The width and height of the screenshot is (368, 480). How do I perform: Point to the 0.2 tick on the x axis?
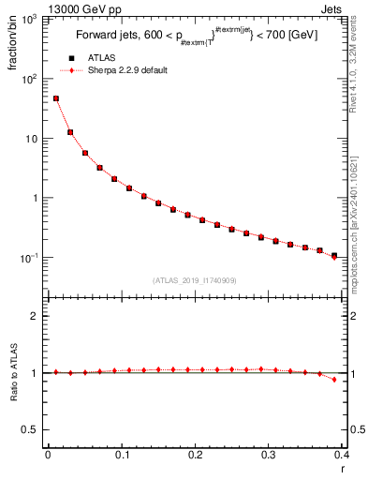tap(195, 455)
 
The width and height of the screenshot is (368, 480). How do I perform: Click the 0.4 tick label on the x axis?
tap(342, 455)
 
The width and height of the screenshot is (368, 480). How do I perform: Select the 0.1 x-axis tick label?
tap(121, 455)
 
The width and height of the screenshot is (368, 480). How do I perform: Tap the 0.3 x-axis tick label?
tap(269, 455)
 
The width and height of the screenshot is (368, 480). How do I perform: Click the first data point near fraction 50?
tap(55, 98)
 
